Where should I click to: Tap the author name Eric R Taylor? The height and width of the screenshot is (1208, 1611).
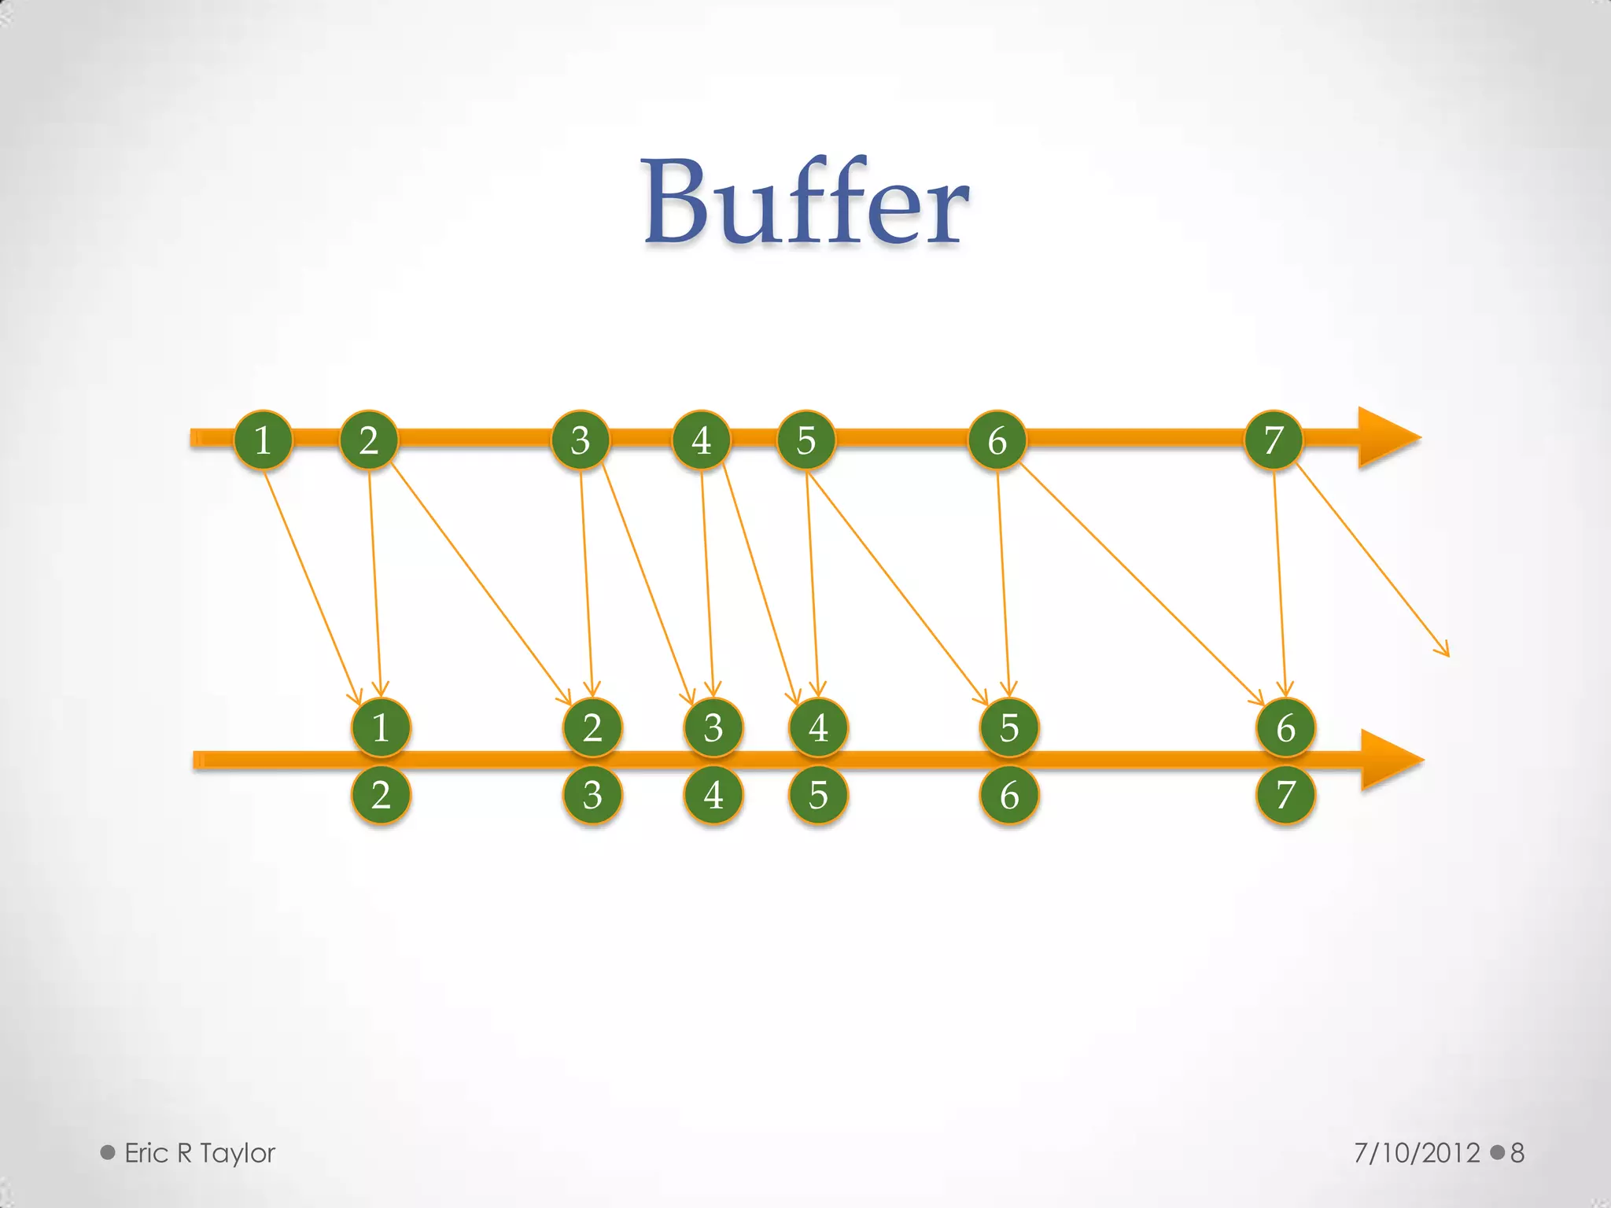200,1153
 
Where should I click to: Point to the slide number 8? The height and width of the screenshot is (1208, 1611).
1517,1153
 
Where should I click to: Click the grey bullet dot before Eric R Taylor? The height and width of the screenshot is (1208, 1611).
108,1153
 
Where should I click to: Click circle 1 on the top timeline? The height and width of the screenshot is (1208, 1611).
263,440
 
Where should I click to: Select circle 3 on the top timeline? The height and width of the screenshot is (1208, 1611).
581,440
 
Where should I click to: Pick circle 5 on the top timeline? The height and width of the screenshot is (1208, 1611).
806,440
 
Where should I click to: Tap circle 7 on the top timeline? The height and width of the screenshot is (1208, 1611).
1274,440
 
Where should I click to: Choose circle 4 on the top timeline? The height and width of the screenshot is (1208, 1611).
701,440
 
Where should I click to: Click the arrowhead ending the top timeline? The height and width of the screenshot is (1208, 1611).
1388,438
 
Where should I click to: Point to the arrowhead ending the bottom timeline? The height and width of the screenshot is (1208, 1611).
1391,760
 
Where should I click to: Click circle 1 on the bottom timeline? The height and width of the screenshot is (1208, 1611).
381,727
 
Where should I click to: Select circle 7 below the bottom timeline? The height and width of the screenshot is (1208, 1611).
1285,795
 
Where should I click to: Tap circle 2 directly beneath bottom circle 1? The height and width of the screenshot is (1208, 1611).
381,795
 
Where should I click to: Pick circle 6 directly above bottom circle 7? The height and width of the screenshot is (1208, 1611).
1285,727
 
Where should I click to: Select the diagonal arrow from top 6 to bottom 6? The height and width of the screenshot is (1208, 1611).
1141,582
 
